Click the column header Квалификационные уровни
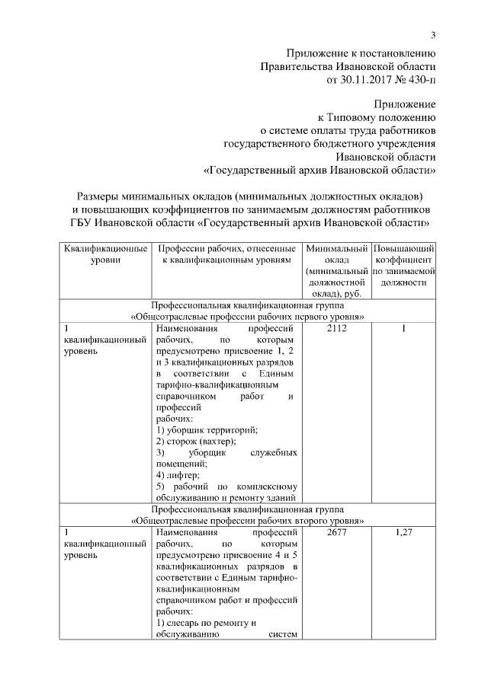[105, 255]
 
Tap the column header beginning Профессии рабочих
[226, 255]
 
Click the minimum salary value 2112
[336, 329]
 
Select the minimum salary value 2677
[336, 533]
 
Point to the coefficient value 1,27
[404, 533]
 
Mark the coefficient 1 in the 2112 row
[404, 329]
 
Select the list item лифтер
[178, 475]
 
